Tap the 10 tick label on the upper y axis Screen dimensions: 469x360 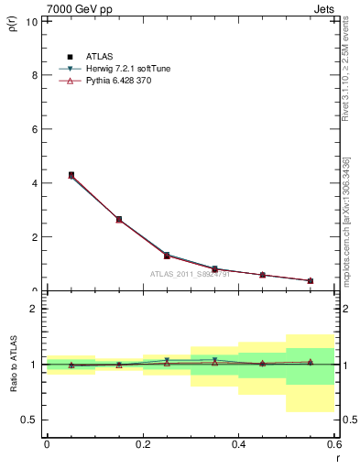point(33,21)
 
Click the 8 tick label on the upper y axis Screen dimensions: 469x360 point(35,75)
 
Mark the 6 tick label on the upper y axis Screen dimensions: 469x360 point(35,129)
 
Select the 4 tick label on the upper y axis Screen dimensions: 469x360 point(35,183)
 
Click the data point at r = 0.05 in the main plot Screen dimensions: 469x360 point(71,175)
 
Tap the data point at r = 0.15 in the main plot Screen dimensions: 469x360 point(119,220)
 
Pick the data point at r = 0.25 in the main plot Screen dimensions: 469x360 point(167,256)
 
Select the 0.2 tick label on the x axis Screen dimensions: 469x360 point(142,444)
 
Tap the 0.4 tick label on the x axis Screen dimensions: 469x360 point(238,444)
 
